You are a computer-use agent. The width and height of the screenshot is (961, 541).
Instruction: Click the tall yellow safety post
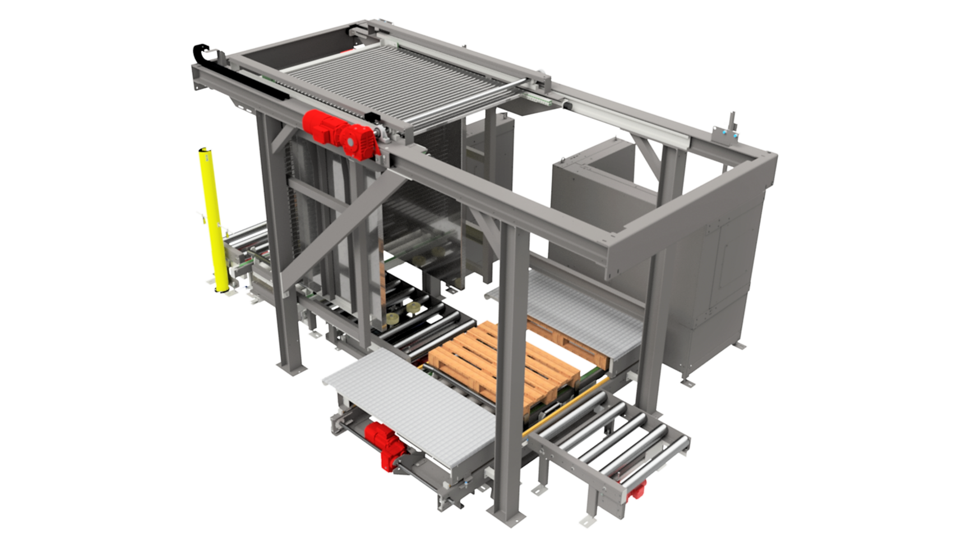point(214,219)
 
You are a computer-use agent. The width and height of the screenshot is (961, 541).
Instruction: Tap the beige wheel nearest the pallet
point(416,309)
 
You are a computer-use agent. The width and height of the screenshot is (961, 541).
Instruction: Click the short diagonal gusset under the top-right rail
point(645,154)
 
